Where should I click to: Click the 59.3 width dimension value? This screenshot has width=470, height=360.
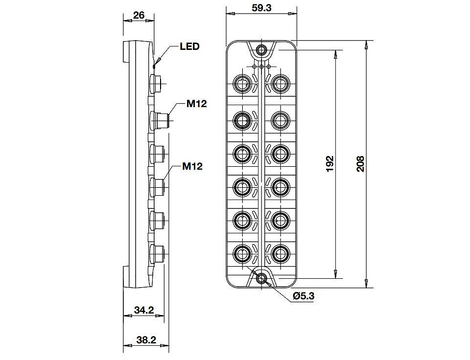[261, 8]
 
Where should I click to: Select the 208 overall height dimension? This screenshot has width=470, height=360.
[360, 164]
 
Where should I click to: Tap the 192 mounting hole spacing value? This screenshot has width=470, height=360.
[329, 164]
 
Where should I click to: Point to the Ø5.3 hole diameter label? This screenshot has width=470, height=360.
[304, 296]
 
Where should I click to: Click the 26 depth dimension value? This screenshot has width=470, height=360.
[139, 15]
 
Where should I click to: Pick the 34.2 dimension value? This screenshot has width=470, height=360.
[144, 310]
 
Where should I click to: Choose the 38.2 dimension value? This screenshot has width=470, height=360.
[146, 340]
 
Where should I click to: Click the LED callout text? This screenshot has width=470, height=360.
[189, 46]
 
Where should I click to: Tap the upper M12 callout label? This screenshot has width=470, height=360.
[197, 104]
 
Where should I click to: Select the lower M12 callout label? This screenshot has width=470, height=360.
[192, 166]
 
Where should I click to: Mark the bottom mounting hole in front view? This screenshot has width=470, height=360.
[261, 278]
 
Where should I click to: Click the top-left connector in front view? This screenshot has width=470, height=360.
[242, 83]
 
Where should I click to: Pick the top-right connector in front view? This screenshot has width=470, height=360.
[281, 83]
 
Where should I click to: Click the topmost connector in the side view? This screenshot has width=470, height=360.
[156, 83]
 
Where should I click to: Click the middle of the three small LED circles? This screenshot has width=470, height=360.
[261, 67]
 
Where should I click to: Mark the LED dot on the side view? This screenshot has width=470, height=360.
[154, 66]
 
